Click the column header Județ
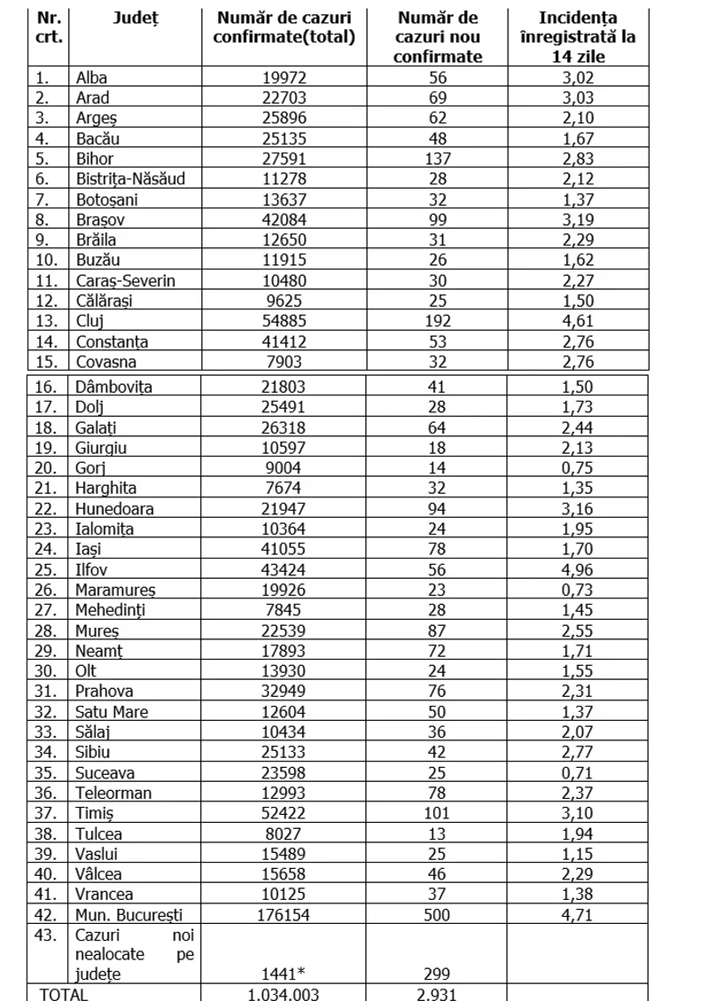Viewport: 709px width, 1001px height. tap(134, 18)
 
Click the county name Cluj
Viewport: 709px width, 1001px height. tap(91, 322)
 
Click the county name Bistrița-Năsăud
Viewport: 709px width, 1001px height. tap(130, 179)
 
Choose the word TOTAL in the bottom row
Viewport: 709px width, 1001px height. tap(64, 994)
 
